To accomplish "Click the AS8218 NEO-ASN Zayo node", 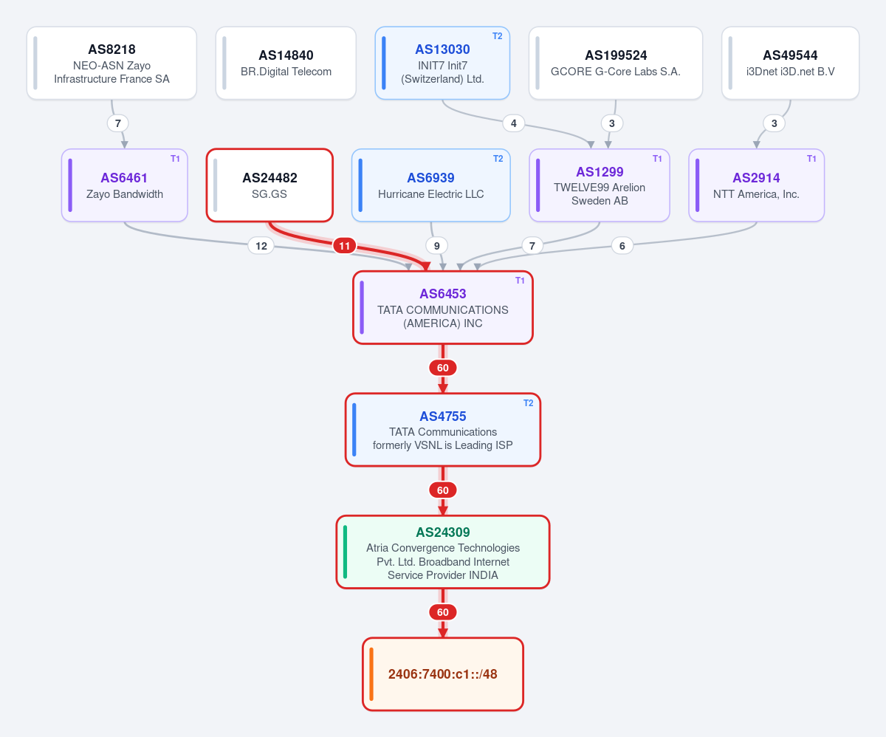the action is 111,64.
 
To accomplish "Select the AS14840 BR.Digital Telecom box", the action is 286,64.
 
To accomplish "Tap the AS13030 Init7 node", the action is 442,64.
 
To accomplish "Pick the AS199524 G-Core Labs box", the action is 615,64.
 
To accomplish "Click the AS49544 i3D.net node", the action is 790,64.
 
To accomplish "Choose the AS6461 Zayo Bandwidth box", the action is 124,185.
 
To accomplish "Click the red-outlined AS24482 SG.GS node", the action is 269,185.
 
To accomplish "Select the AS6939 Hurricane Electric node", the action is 430,185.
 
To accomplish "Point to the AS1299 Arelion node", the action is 599,185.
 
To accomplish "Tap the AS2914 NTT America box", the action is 756,185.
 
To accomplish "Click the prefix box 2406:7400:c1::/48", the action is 442,674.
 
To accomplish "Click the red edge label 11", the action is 344,246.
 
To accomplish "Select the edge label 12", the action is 261,246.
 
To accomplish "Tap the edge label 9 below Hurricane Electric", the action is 436,246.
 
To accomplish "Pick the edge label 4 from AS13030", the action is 513,123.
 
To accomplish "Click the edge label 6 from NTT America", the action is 622,246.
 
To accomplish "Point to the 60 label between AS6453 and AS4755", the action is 442,368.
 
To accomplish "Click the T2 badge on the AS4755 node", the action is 528,403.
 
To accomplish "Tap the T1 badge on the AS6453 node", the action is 520,280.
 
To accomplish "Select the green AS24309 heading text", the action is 442,532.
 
